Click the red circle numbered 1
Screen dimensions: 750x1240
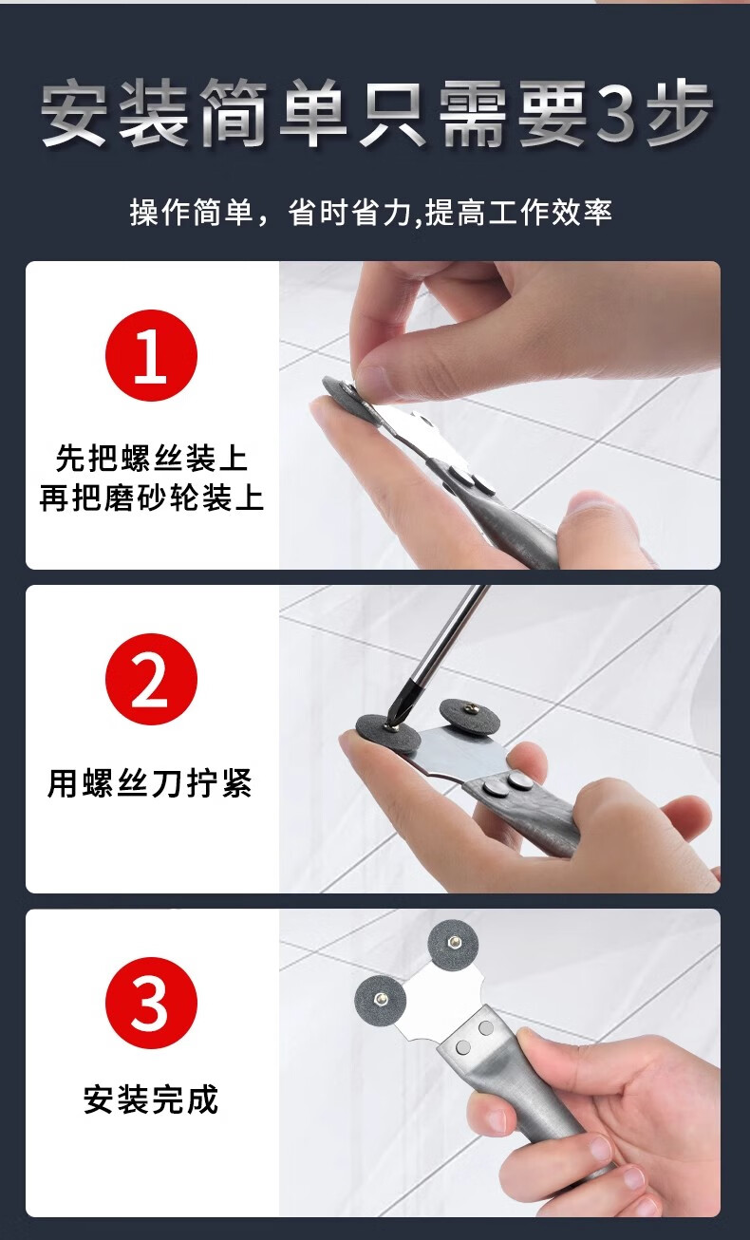click(x=151, y=355)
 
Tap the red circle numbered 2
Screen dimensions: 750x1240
click(x=151, y=679)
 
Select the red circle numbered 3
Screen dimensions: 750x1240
click(x=151, y=1003)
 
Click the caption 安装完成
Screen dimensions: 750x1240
click(x=151, y=1099)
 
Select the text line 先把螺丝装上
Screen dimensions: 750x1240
click(x=151, y=459)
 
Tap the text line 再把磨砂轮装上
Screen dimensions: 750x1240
click(x=151, y=498)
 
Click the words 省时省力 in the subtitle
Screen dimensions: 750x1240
click(x=349, y=212)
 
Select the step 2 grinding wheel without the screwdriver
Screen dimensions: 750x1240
click(x=469, y=717)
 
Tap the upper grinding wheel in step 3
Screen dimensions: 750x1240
click(x=453, y=944)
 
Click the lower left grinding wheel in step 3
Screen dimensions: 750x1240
click(x=381, y=999)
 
